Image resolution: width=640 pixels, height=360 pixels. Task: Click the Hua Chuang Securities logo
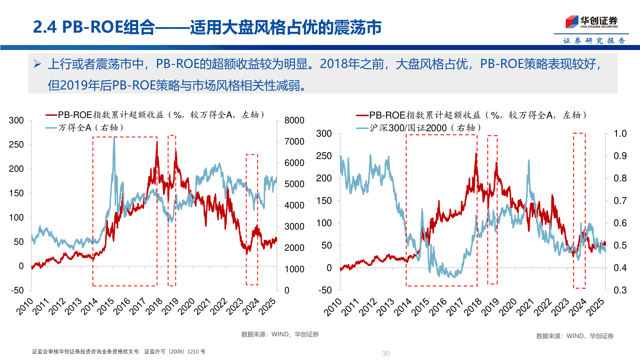point(591,22)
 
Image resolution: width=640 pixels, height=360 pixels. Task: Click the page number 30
point(386,353)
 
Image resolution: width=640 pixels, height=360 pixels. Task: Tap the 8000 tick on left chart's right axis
point(294,120)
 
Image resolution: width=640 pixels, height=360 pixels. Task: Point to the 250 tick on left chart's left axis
point(16,144)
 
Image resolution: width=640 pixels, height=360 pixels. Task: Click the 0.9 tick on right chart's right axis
point(620,156)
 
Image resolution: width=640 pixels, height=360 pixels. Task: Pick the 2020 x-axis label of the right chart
point(508,307)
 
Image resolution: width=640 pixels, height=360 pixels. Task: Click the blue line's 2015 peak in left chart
point(114,138)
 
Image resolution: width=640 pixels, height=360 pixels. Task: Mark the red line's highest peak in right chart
point(476,154)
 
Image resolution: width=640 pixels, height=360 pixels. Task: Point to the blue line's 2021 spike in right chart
point(529,161)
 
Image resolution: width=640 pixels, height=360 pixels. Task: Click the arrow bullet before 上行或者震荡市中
point(37,64)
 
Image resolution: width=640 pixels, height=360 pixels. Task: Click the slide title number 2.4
point(45,27)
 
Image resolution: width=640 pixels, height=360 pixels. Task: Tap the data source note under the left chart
point(280,334)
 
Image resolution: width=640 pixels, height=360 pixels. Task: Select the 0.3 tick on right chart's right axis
point(620,290)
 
